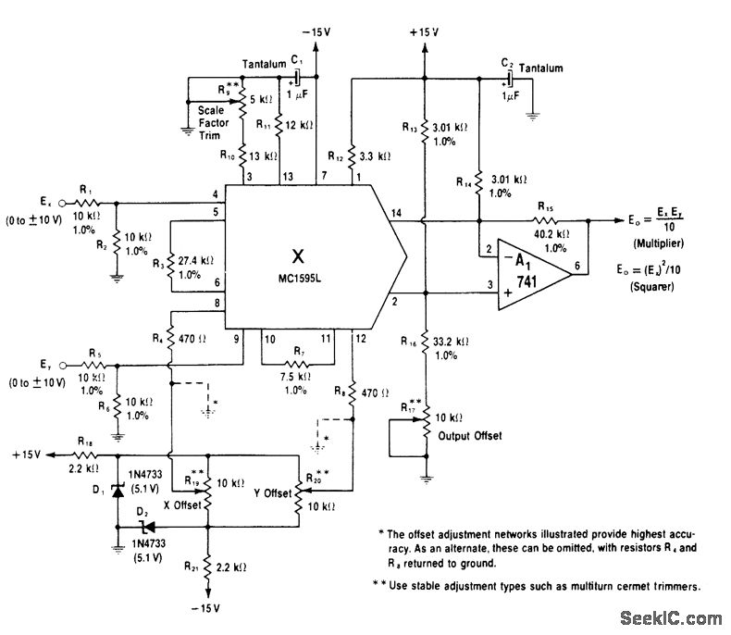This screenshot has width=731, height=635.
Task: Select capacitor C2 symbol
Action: pos(507,81)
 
